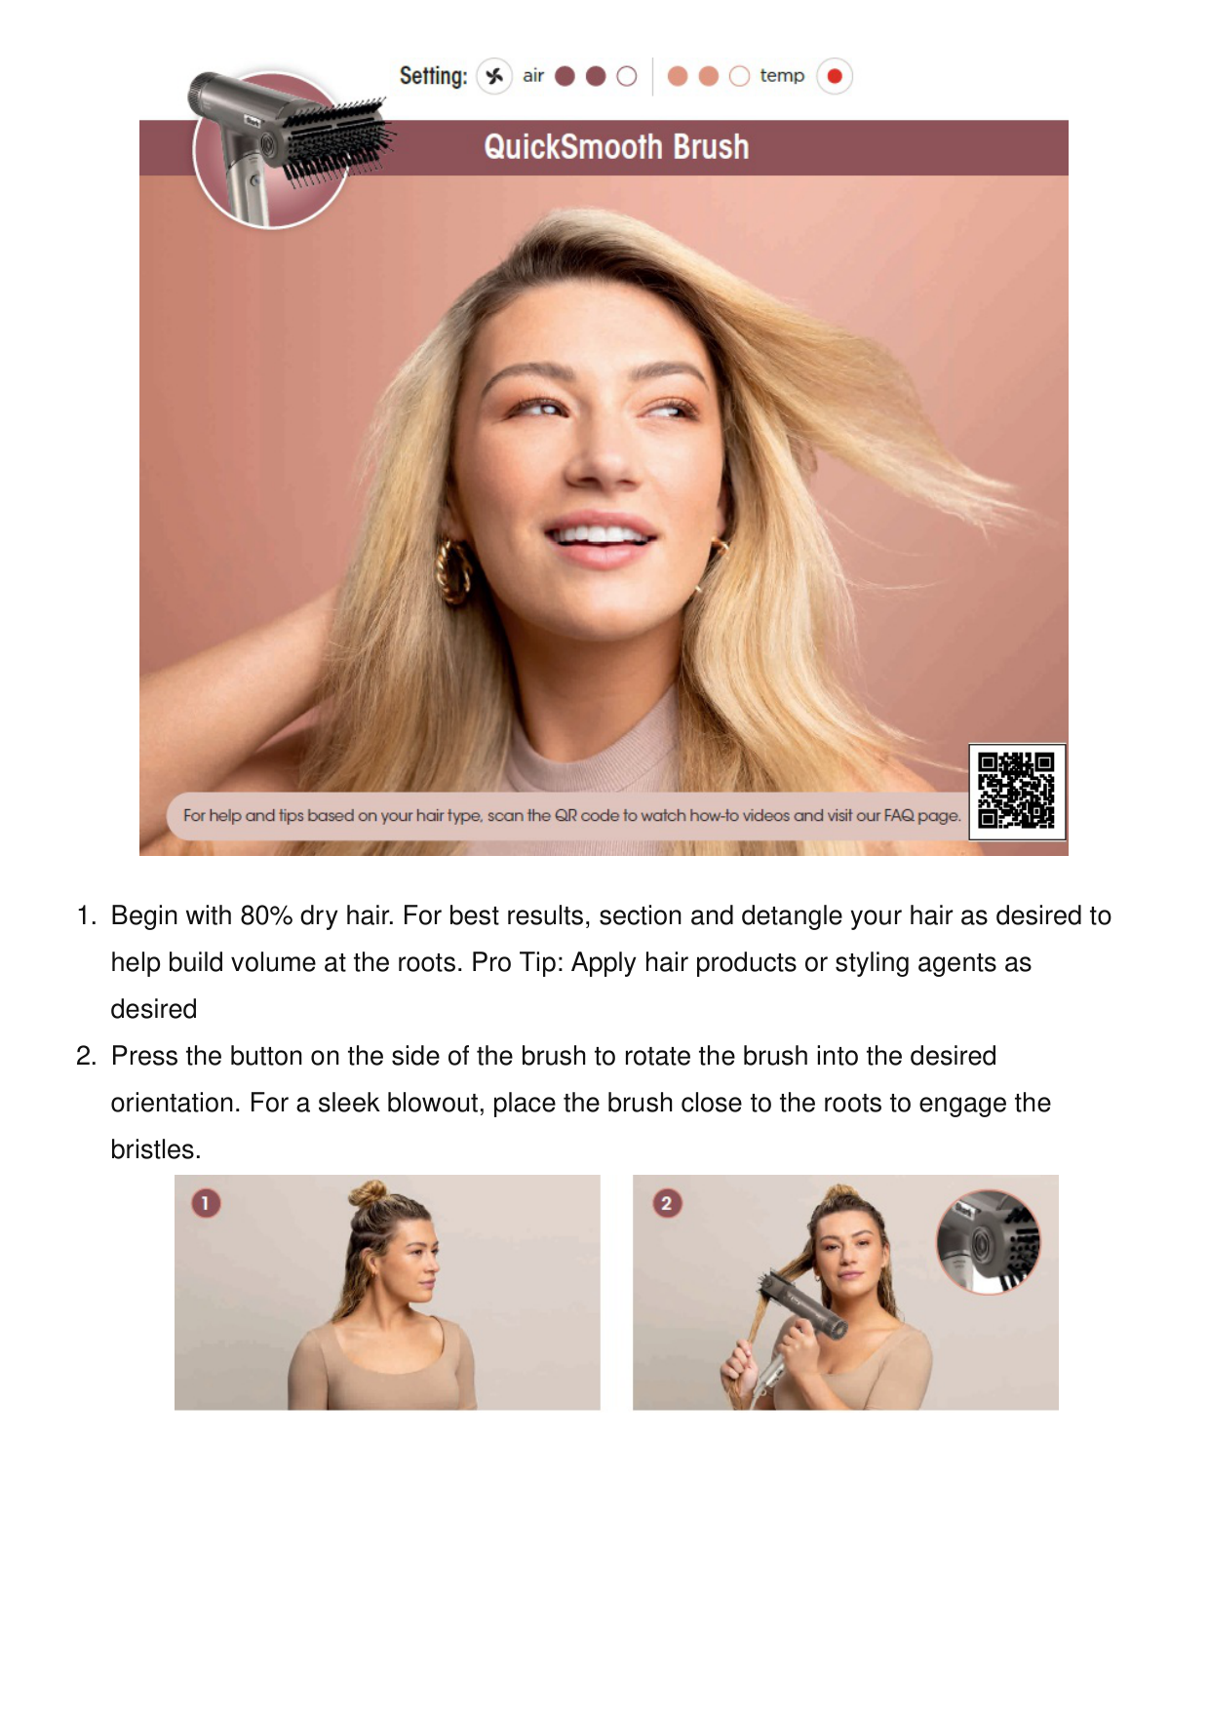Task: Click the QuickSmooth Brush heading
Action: pyautogui.click(x=616, y=147)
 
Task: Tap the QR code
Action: pyautogui.click(x=1016, y=791)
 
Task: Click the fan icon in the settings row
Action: pyautogui.click(x=494, y=76)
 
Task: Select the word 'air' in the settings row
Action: pyautogui.click(x=533, y=76)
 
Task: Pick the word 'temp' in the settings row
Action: pyautogui.click(x=782, y=76)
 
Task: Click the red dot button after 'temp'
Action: pyautogui.click(x=835, y=76)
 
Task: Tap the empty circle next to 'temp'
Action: pyautogui.click(x=739, y=76)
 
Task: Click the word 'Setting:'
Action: pyautogui.click(x=433, y=76)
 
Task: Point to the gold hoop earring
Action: pyautogui.click(x=453, y=570)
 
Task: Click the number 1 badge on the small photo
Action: pyautogui.click(x=206, y=1203)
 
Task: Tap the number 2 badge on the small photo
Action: pyautogui.click(x=667, y=1203)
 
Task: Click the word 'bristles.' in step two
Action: pyautogui.click(x=156, y=1149)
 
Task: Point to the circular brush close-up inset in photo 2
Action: pyautogui.click(x=989, y=1242)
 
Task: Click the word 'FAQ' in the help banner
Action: pyautogui.click(x=899, y=815)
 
